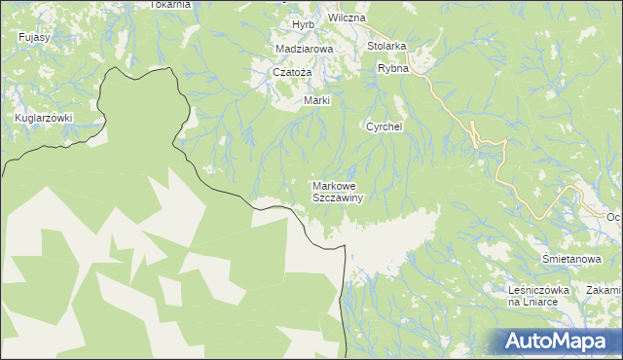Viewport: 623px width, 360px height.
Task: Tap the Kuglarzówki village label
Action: [45, 118]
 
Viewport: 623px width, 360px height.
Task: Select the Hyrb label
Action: [304, 24]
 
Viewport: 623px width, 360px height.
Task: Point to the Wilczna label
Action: [347, 18]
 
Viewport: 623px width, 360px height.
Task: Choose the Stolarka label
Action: [386, 46]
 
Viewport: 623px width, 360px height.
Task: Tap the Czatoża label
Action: [291, 73]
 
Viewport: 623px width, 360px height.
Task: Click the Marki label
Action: [317, 101]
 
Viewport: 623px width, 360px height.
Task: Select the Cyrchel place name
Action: [385, 126]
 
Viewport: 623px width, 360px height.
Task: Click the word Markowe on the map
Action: [337, 185]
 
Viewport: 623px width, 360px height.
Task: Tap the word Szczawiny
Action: [337, 198]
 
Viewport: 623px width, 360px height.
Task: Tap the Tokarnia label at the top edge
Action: [170, 4]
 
